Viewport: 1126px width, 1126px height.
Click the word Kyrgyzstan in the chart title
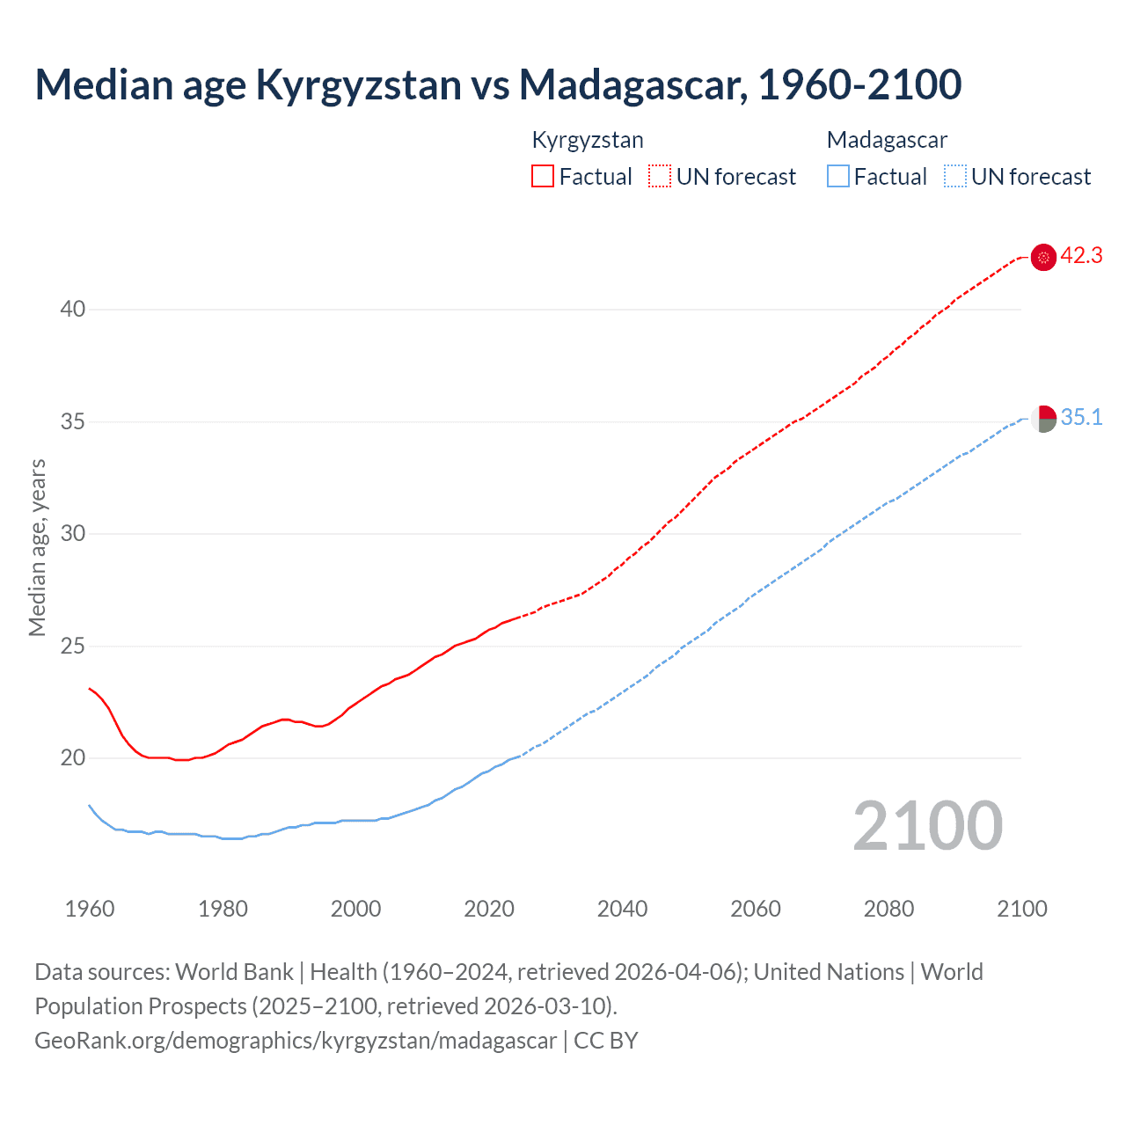coord(358,84)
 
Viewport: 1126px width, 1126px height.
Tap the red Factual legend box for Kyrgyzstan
coord(543,177)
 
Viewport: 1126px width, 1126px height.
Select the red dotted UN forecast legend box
coord(660,177)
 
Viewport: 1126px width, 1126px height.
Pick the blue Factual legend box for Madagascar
coord(838,177)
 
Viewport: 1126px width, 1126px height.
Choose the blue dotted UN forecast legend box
coord(954,177)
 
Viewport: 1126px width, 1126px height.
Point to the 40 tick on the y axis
coord(73,310)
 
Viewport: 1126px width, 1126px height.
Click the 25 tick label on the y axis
coord(73,647)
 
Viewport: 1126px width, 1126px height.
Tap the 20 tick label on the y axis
coord(73,758)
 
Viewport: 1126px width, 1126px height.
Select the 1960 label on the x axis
coord(90,909)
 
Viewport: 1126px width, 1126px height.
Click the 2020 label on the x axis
coord(489,909)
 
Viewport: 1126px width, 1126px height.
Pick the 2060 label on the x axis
coord(756,909)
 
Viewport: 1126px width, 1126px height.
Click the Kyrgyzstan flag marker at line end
coord(1043,257)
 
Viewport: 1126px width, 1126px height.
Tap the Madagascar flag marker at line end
coord(1043,419)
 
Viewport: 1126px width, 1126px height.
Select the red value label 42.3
coord(1081,256)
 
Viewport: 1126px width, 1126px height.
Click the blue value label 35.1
coord(1081,418)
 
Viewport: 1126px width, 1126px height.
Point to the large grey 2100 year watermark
coord(927,826)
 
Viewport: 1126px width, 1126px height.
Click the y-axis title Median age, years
coord(37,547)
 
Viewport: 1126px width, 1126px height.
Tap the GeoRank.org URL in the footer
coord(296,1041)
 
